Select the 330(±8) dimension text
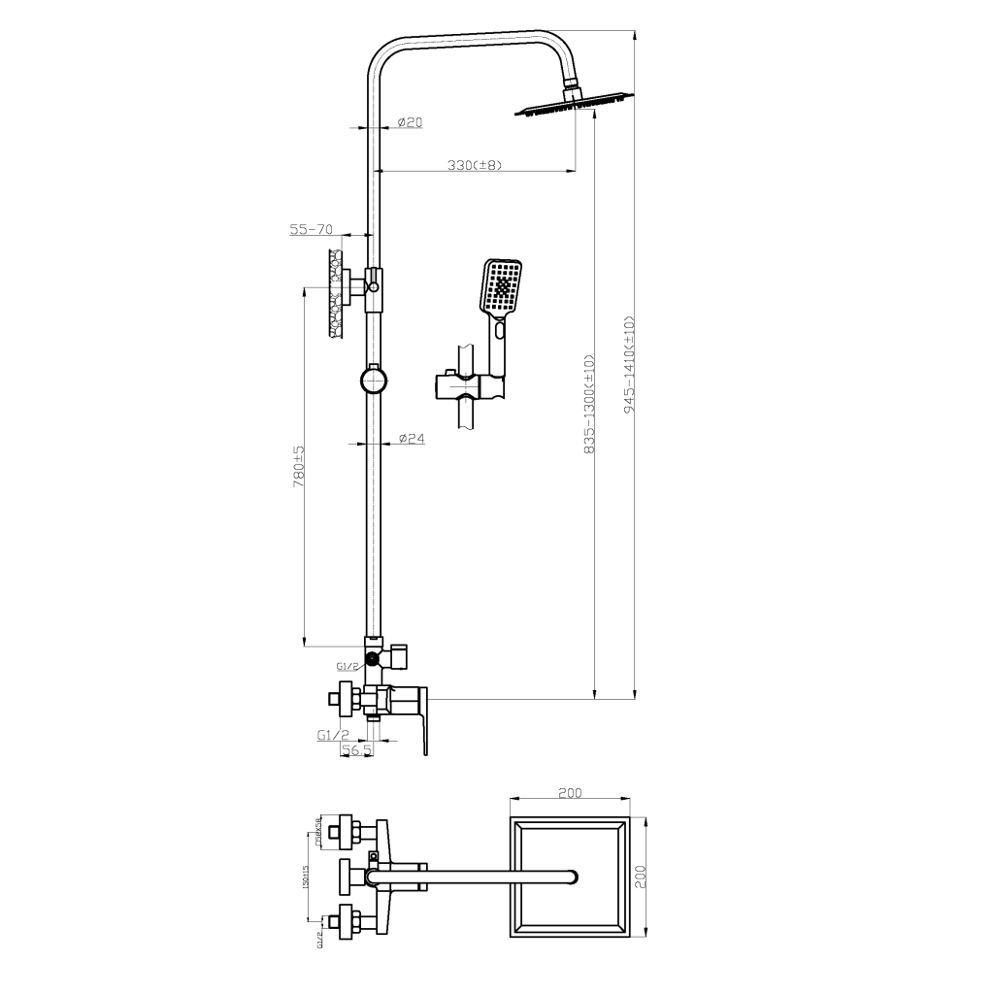click(x=474, y=165)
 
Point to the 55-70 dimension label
click(x=312, y=230)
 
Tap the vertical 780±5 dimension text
click(x=299, y=467)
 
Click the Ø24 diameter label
click(x=412, y=439)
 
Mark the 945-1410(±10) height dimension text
click(x=629, y=365)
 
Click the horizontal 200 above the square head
click(x=570, y=793)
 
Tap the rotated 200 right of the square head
click(x=640, y=878)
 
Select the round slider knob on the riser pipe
click(x=375, y=380)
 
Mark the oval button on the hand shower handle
click(x=500, y=330)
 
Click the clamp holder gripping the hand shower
click(x=470, y=386)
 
